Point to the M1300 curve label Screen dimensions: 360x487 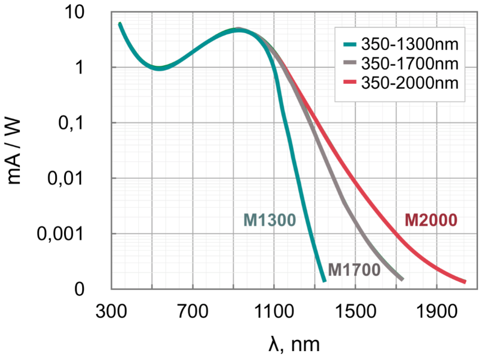(x=270, y=220)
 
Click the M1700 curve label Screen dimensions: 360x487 (x=354, y=269)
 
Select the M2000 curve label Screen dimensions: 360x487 (x=431, y=220)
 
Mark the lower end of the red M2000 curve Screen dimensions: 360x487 (x=465, y=281)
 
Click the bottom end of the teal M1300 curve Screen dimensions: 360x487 (x=324, y=280)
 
